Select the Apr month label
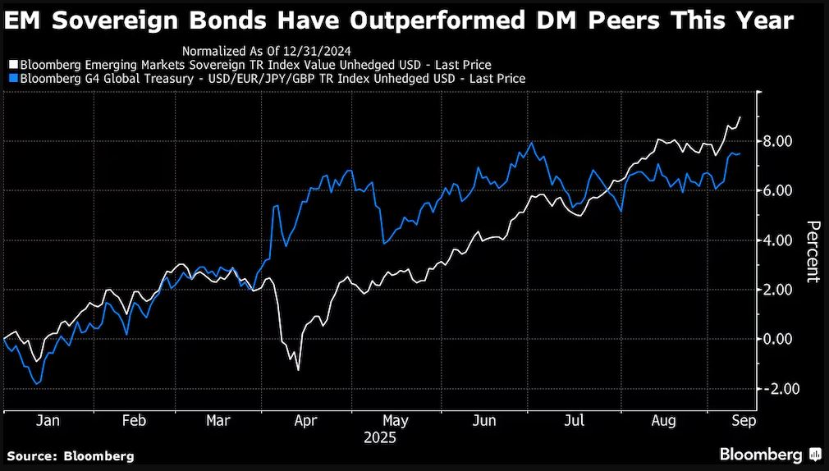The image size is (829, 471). (305, 420)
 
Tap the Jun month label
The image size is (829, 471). (484, 420)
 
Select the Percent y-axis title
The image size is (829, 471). (812, 251)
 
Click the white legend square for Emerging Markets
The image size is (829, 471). (12, 64)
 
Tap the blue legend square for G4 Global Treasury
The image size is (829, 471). (12, 79)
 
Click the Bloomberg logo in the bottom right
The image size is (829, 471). (771, 455)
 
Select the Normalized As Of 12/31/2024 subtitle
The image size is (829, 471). (260, 49)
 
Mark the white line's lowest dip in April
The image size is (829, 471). (297, 370)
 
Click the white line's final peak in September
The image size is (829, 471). (740, 117)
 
